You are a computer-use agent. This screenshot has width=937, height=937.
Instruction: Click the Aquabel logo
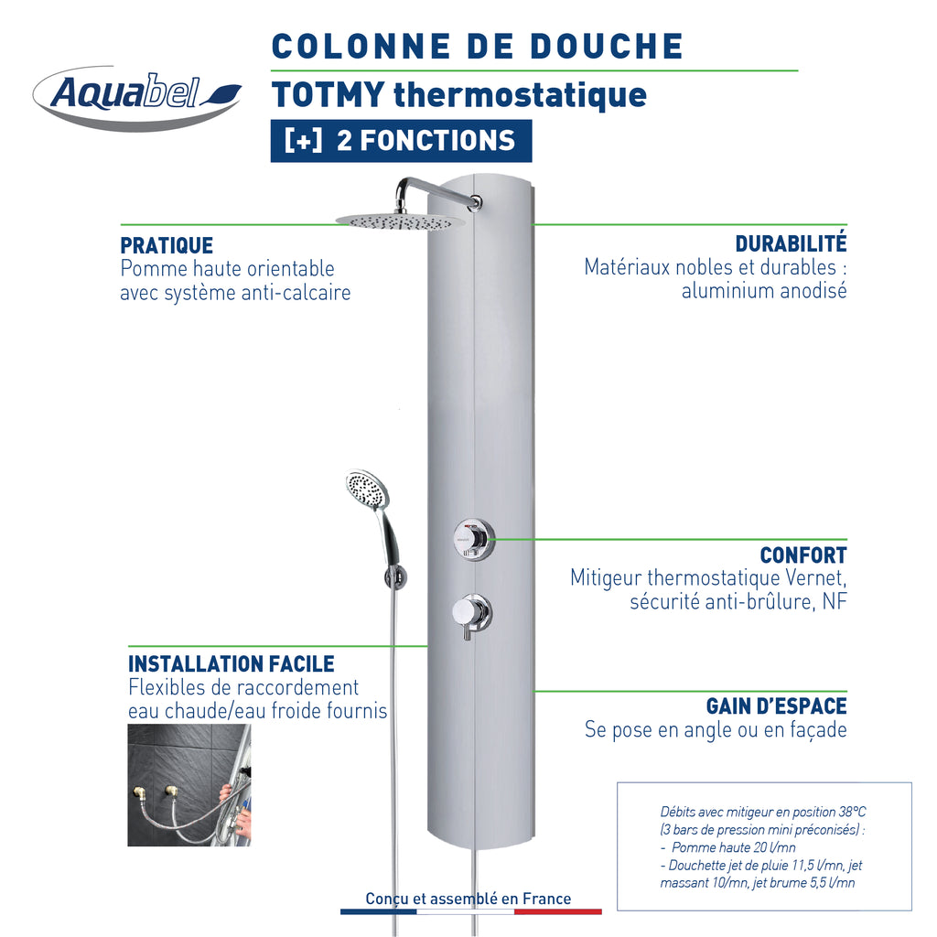[137, 97]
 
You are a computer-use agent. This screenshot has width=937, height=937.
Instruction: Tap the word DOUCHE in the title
[607, 47]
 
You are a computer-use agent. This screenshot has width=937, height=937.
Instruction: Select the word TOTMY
[328, 94]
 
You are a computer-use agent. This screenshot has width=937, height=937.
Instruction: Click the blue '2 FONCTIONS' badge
[401, 141]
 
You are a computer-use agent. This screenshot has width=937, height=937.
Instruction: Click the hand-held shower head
[367, 490]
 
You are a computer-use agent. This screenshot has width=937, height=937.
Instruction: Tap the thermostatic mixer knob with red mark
[474, 540]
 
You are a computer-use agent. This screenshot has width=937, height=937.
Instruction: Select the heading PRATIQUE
[167, 245]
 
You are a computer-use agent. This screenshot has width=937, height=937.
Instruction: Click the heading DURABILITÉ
[791, 243]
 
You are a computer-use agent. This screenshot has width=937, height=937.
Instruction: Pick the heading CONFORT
[803, 555]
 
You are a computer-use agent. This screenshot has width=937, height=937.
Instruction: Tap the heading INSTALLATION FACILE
[232, 664]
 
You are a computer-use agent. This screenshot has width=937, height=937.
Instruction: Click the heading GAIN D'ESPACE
[776, 705]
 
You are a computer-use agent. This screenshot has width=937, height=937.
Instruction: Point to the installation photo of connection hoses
[189, 785]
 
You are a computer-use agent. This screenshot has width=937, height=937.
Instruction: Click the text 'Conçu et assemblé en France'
[468, 899]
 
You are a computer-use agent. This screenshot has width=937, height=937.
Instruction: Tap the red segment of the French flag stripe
[557, 912]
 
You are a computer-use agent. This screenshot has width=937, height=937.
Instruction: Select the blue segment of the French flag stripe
[378, 912]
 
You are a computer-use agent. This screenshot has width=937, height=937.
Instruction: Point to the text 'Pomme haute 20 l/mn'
[733, 847]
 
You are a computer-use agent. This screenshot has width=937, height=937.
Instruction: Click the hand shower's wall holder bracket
[395, 577]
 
